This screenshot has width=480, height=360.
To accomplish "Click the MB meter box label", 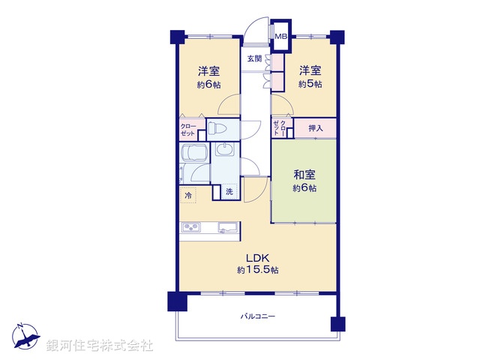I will (280, 36).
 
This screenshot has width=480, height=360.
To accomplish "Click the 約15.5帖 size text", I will (258, 269).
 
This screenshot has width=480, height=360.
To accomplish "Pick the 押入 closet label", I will (315, 128).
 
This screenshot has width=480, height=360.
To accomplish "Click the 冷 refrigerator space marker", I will (187, 196).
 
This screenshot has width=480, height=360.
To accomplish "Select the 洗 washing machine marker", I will (229, 192).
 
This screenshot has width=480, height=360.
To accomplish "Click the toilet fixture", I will (216, 128).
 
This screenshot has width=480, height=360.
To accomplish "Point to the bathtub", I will (193, 154).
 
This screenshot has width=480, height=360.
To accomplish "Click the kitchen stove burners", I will (190, 227).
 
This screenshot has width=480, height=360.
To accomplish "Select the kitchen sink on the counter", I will (227, 227).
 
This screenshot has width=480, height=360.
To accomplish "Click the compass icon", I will (25, 335).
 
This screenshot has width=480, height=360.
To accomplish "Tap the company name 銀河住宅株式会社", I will (100, 345).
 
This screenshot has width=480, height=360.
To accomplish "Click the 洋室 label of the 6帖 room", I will (208, 71).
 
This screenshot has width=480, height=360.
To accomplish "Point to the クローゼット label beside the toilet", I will (188, 129).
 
